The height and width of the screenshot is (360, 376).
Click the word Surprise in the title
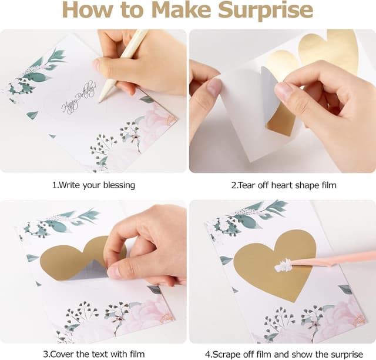[x=266, y=11]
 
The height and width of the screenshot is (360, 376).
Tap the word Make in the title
[x=182, y=9]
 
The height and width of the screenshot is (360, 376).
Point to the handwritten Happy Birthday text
[x=79, y=98]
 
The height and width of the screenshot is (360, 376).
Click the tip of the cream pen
[x=99, y=102]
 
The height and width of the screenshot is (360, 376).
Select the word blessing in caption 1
[x=119, y=186]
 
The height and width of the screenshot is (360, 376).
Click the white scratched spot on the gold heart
[x=283, y=265]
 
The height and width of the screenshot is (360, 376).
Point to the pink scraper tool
[x=333, y=259]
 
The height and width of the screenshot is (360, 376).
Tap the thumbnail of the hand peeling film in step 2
[x=283, y=101]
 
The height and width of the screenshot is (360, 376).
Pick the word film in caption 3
[x=137, y=354]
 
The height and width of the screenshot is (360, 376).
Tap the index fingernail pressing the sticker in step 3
[x=113, y=273]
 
